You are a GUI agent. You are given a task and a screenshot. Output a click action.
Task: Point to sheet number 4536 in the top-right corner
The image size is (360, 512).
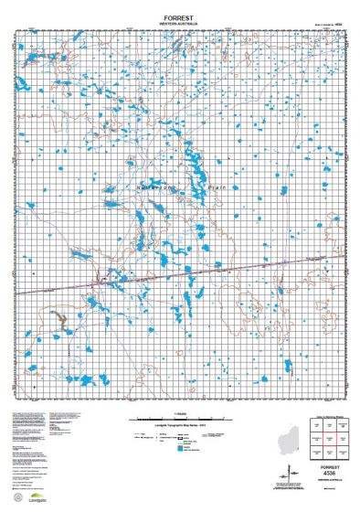[x=340, y=24]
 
